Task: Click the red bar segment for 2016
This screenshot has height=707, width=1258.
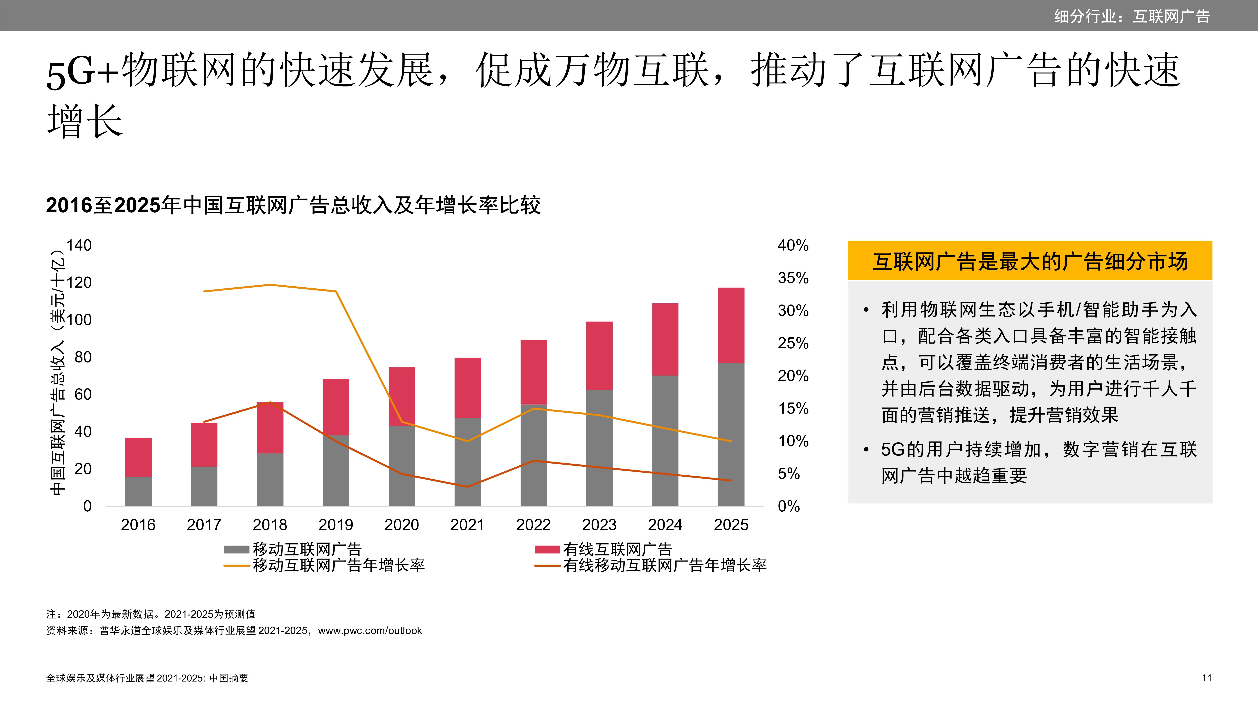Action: point(138,457)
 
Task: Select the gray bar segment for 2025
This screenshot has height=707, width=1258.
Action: point(731,434)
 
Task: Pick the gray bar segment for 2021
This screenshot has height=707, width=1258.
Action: point(467,462)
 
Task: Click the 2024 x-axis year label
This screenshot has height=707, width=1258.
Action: point(665,525)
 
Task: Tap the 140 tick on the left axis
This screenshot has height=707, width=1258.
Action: point(79,245)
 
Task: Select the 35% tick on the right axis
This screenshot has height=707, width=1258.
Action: point(793,278)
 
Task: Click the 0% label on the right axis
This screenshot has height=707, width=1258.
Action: point(789,507)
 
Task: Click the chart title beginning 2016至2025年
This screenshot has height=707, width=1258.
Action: point(293,205)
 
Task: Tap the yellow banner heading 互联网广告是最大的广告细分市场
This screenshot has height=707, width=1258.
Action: point(1030,261)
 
